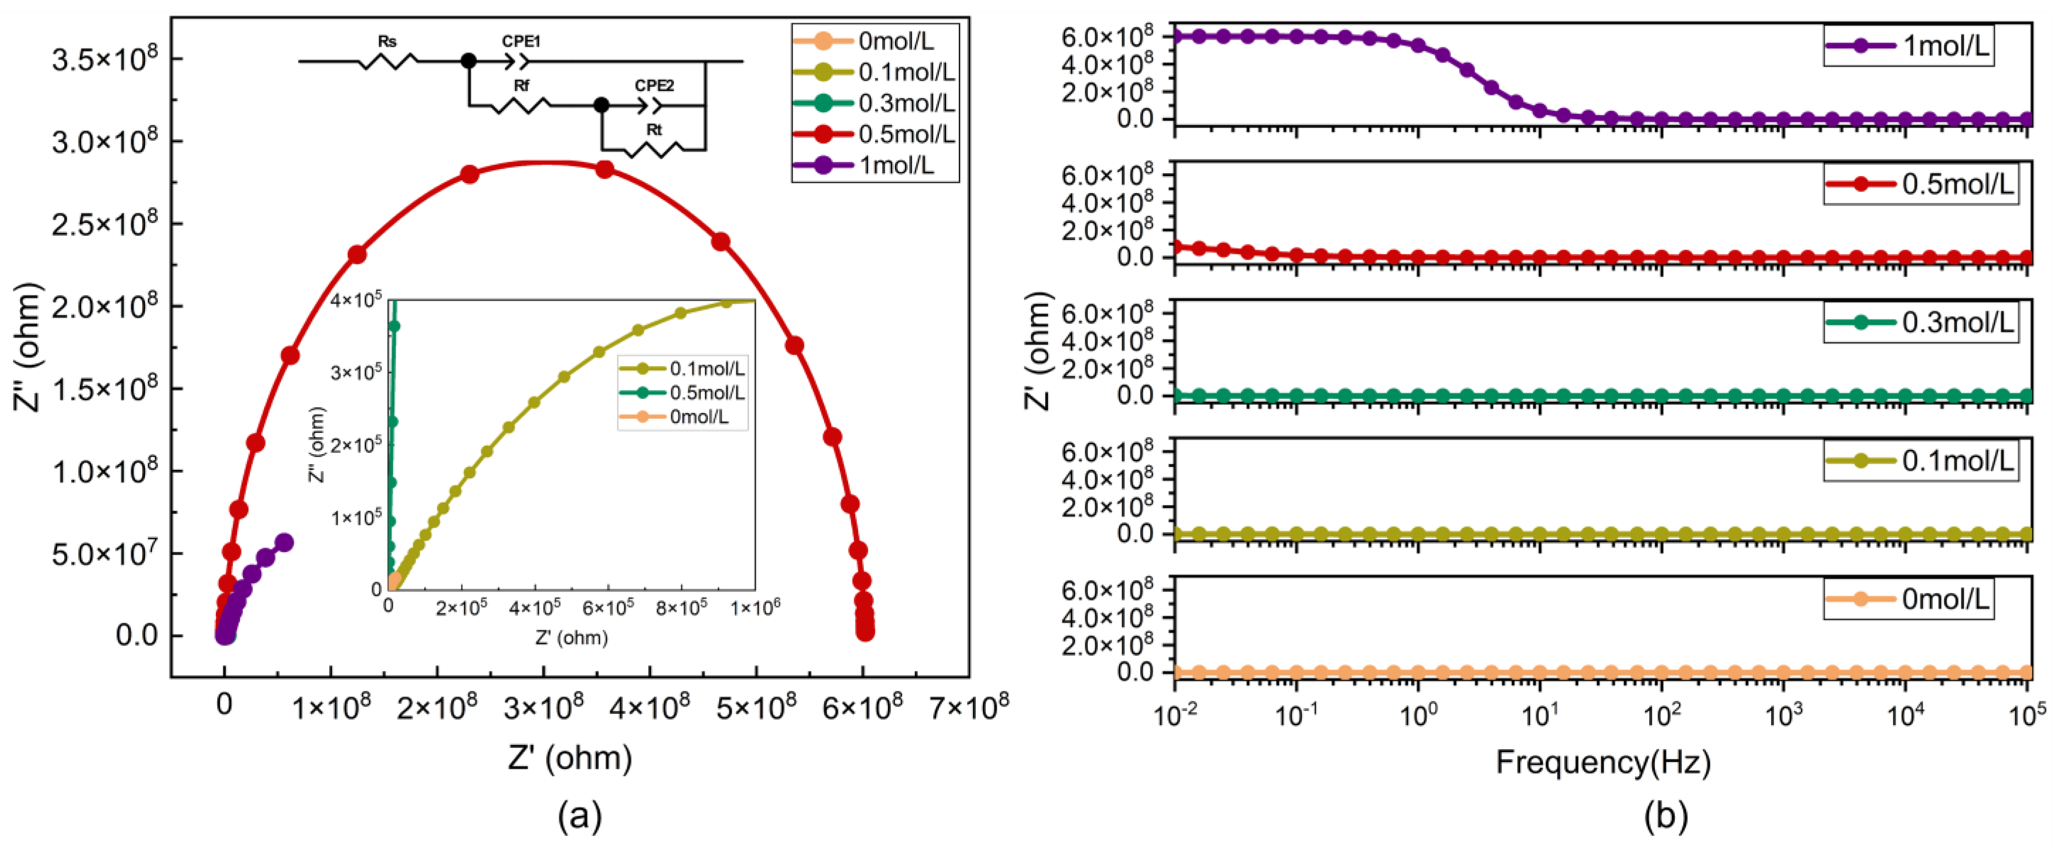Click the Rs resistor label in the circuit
click(387, 42)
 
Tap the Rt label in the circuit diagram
click(654, 129)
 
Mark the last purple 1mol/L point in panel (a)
click(284, 542)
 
